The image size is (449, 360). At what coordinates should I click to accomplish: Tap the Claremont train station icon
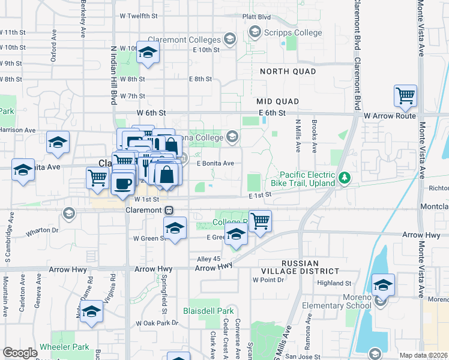170,210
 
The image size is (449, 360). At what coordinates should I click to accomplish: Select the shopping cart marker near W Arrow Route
406,96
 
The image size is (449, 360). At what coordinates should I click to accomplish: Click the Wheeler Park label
64,347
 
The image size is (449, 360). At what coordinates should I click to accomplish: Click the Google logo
20,353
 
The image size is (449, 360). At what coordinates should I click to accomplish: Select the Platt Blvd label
256,17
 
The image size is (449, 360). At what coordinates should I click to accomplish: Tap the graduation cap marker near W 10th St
146,53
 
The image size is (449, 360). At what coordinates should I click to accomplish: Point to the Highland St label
334,283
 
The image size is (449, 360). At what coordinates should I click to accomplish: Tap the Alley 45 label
209,259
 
